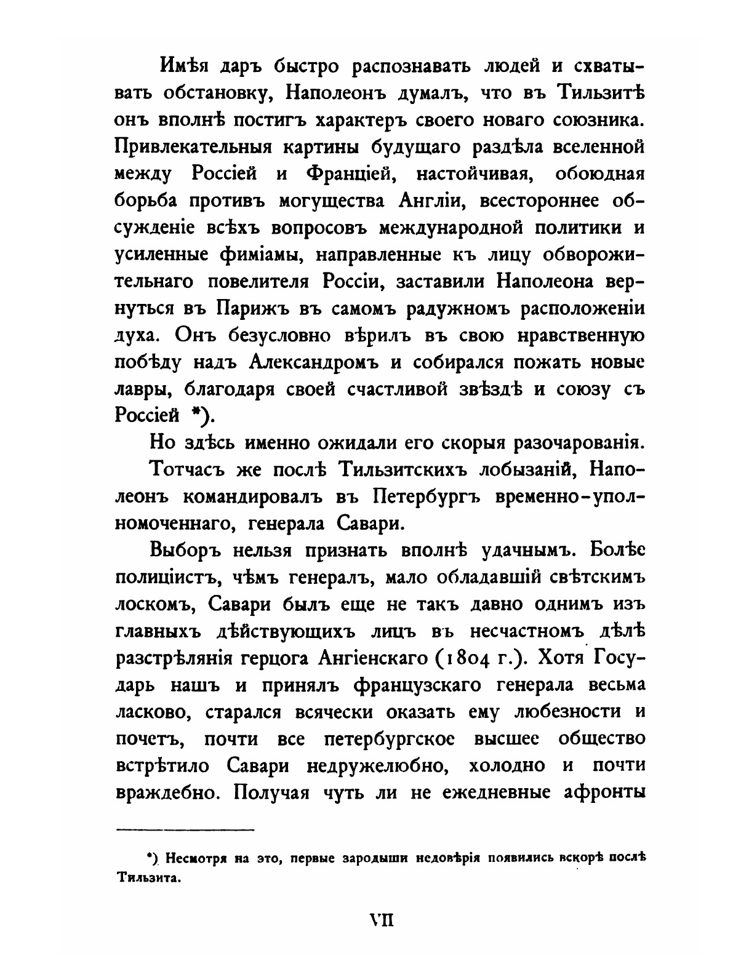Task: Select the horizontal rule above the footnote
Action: (x=185, y=831)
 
